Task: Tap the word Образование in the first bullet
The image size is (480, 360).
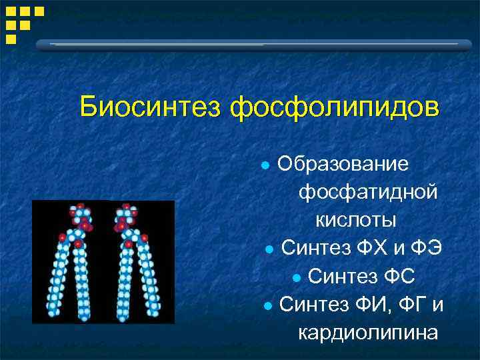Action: [x=343, y=164]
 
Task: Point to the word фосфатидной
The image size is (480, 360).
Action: [x=368, y=192]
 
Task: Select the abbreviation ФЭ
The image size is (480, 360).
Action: [x=426, y=248]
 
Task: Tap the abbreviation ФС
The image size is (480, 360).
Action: [x=403, y=276]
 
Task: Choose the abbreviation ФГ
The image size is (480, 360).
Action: [x=413, y=305]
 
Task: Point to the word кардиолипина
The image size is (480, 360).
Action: [x=368, y=332]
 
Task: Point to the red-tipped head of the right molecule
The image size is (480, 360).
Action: [x=125, y=217]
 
